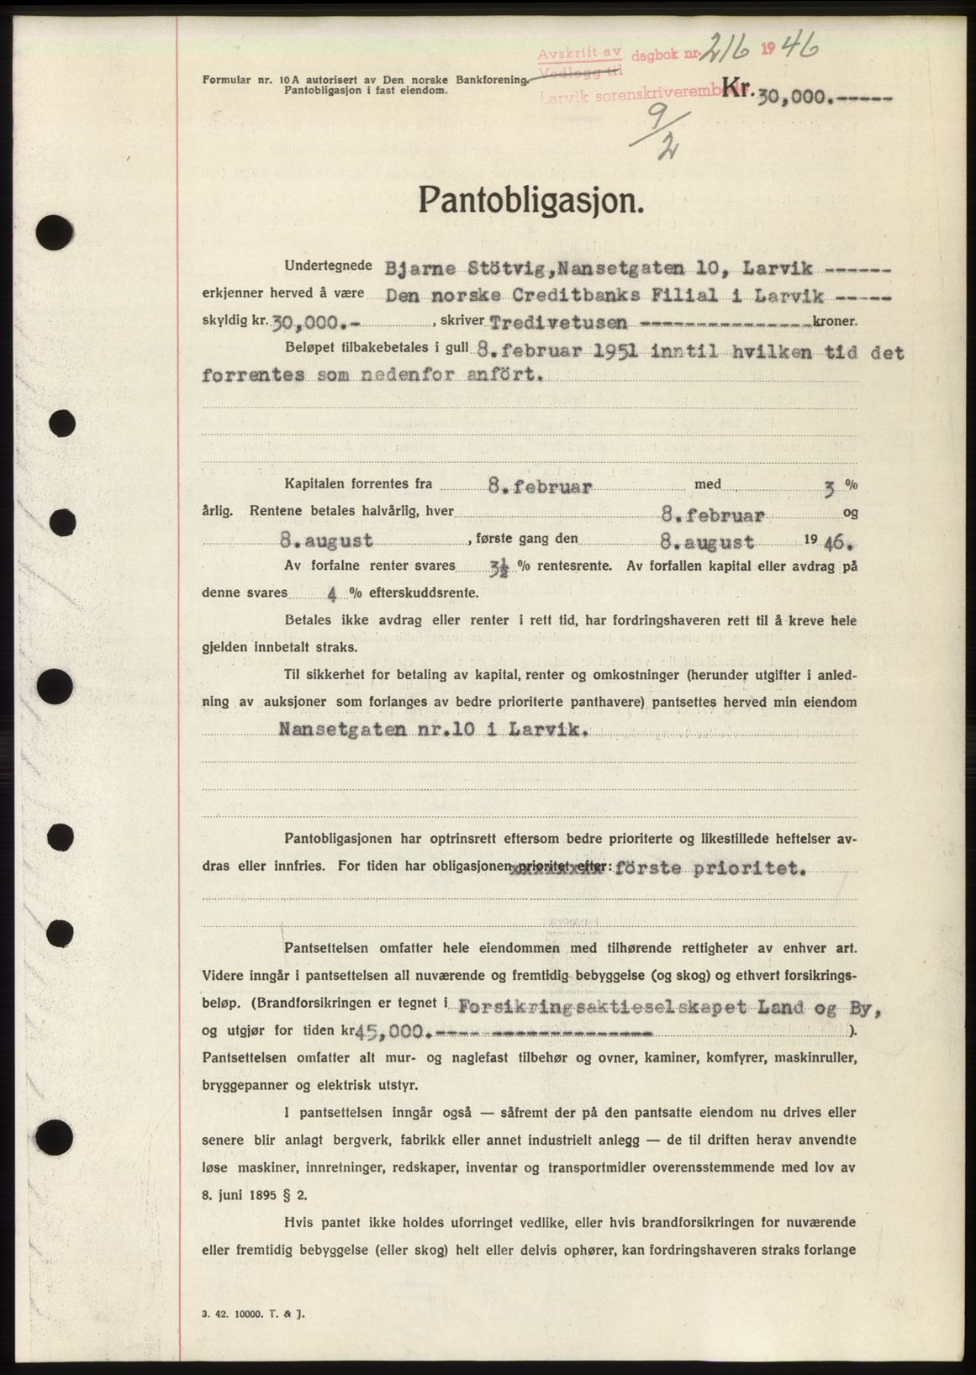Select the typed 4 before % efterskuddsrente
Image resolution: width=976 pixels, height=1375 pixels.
pyautogui.click(x=333, y=594)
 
